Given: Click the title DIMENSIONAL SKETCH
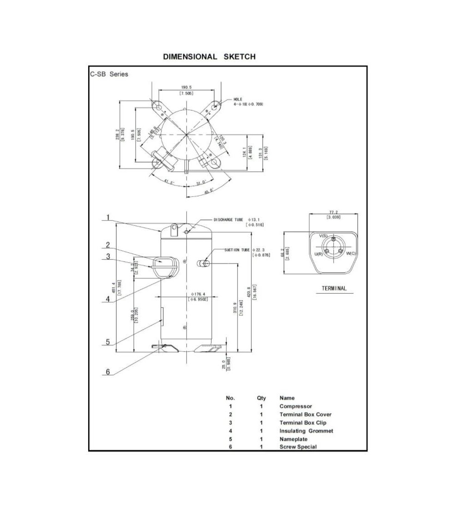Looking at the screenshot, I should point(209,57).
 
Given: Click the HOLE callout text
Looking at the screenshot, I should point(238,99).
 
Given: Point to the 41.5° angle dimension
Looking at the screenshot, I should point(169,181).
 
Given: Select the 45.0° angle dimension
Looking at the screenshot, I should point(209,191).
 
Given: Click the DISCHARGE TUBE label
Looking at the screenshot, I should point(228,220).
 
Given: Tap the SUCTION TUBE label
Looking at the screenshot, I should point(237,250).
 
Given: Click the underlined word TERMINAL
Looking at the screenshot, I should point(334,289).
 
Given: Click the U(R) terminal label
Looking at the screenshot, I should point(318,254).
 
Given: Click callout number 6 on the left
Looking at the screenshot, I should point(108,372).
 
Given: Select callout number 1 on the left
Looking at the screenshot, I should point(108,217).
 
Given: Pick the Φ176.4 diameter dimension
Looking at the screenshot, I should point(198,294).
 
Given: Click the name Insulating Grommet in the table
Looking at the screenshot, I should point(306,431).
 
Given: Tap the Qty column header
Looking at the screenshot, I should point(261,398).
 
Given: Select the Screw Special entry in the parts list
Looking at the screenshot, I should point(298,447).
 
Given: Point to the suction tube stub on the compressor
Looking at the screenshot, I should point(202,263).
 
